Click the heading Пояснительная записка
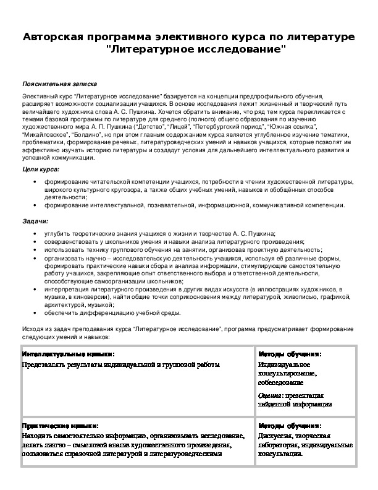pos(59,83)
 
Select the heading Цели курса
pos(41,169)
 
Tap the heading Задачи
pos(35,221)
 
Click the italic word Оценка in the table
pos(269,394)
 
